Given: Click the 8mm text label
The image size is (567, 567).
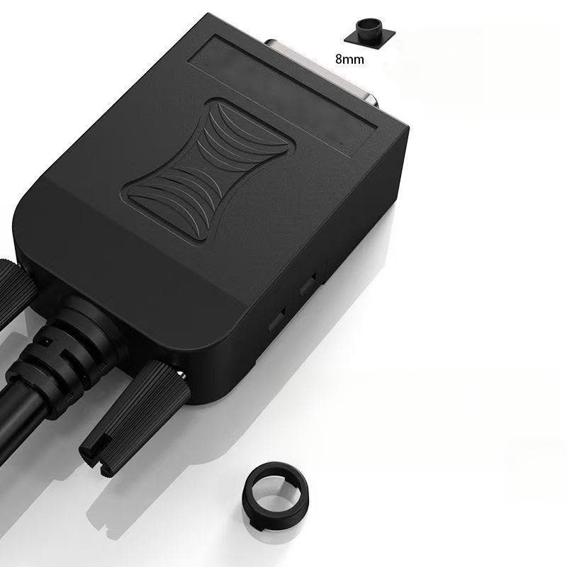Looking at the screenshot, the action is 349,59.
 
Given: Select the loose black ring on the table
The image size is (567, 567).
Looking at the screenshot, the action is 276,495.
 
